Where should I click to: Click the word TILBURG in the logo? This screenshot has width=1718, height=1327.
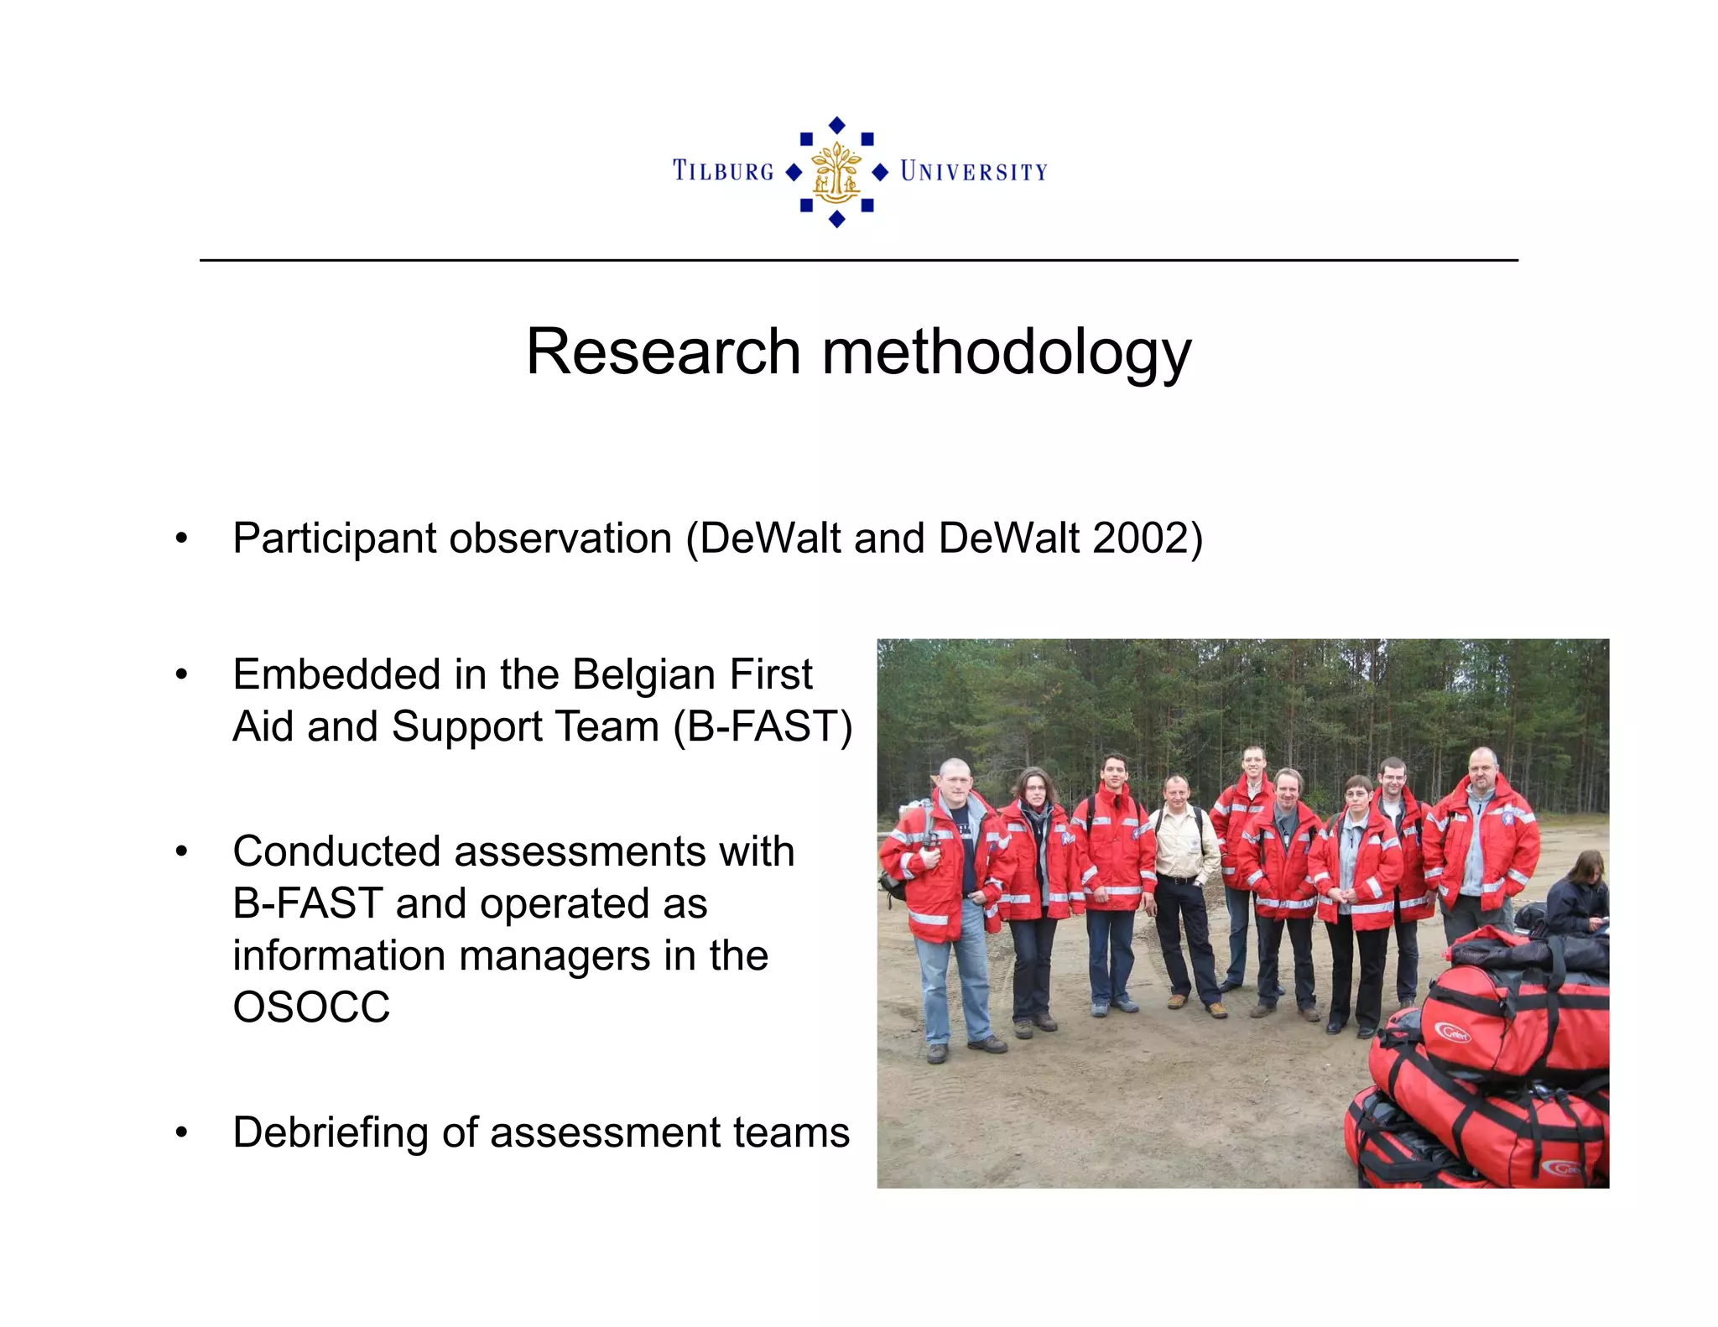coord(723,171)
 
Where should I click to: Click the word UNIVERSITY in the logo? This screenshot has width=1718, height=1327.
coord(974,172)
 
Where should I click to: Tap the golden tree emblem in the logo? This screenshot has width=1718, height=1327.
coord(836,172)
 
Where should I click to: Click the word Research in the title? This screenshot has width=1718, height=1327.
coord(663,351)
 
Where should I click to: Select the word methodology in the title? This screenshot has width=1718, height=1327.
coord(1006,353)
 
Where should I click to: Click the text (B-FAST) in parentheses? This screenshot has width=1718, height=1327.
coord(763,726)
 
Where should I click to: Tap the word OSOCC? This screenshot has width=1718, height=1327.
coord(311,1007)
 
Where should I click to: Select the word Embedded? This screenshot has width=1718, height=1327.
coord(336,674)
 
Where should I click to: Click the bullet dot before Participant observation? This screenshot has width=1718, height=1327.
coord(181,539)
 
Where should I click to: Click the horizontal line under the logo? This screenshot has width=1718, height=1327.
coord(858,260)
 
